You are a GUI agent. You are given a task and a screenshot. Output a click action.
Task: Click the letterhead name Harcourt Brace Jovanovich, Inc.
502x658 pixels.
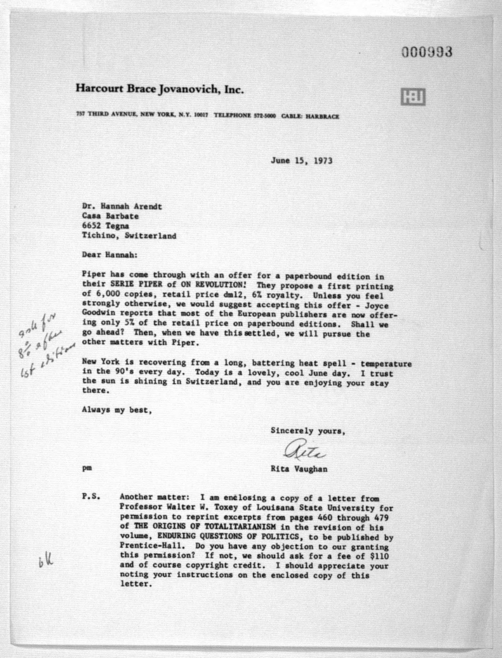coord(159,89)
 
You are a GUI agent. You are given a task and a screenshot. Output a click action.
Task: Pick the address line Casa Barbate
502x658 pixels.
coord(110,216)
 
